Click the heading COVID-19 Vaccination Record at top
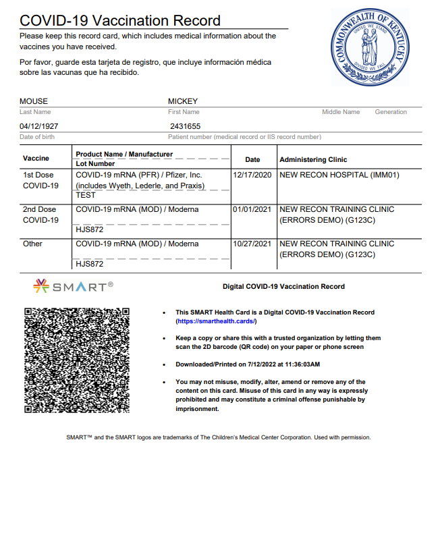(120, 21)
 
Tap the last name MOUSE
(34, 102)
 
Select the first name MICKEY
(183, 102)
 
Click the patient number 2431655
(185, 126)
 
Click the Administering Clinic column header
(313, 160)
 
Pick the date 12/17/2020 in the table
(252, 175)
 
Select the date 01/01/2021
(252, 209)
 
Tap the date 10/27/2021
(252, 244)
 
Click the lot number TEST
(86, 195)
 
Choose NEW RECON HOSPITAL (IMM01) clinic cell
(339, 175)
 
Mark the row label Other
(32, 244)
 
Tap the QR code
(76, 360)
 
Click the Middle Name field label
(341, 112)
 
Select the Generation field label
(391, 112)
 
